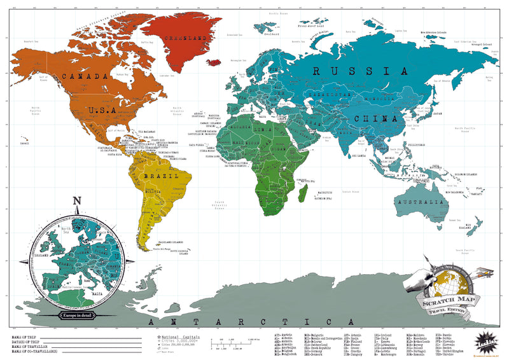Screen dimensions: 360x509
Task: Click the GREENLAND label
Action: (186, 39)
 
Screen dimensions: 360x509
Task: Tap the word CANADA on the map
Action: (83, 76)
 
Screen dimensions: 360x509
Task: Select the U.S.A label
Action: (102, 110)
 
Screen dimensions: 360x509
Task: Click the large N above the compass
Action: (77, 203)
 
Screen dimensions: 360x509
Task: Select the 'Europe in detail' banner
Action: (77, 315)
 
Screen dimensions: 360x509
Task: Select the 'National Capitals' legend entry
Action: (181, 336)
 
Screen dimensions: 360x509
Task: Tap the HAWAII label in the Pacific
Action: (25, 143)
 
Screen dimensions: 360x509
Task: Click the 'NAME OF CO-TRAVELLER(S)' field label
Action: (35, 351)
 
